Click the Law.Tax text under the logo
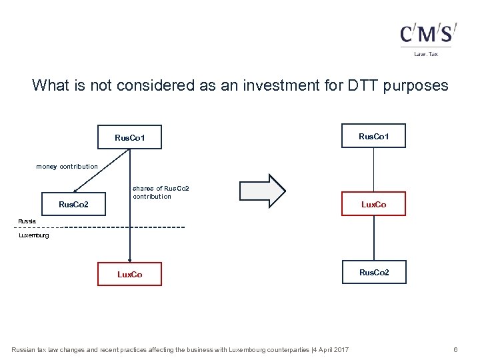coord(426,54)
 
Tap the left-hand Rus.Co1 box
coord(129,138)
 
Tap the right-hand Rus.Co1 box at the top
coord(373,136)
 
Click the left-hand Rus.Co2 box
coord(73,204)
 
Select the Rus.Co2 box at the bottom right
coord(373,272)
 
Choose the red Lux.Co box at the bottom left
coord(129,274)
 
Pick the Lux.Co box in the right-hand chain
coord(373,204)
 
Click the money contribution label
coord(67,166)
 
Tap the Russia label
coord(27,220)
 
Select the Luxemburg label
coord(33,235)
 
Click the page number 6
coord(455,349)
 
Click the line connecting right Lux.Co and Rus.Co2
coord(373,238)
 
